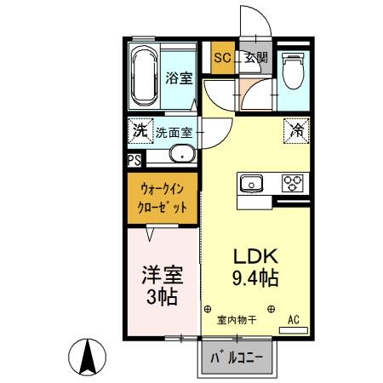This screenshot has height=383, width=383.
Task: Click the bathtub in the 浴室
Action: (x=147, y=75)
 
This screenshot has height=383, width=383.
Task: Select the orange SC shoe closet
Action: (x=222, y=58)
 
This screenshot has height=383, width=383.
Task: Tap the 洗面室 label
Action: (x=177, y=133)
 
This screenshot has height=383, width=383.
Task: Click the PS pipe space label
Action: (x=134, y=159)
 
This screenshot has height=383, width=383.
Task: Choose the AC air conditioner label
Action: (x=293, y=320)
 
